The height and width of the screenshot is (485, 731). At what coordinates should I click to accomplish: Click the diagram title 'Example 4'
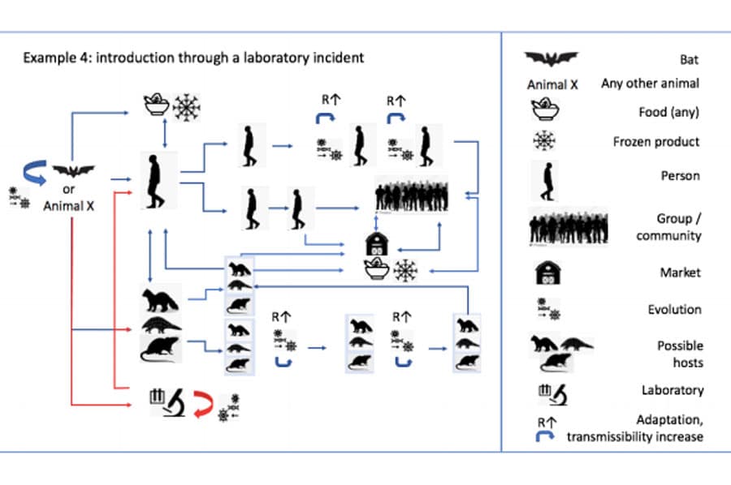pos(193,58)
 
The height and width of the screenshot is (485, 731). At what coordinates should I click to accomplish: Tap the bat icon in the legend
pos(551,59)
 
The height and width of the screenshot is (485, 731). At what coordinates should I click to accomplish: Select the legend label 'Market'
pos(680,273)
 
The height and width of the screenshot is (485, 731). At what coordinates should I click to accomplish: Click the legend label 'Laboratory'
pos(673,390)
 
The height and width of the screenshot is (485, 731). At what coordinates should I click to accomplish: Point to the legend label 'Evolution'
pos(675,309)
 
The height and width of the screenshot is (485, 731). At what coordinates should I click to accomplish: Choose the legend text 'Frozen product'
pos(656,141)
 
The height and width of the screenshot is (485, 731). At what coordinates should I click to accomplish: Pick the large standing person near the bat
pos(151,179)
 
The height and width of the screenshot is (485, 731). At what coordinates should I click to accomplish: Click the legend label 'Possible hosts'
pos(681,354)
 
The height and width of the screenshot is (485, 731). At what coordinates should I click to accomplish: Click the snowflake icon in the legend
pos(544,140)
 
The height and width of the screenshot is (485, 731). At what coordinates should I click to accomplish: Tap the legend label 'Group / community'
pos(674,227)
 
